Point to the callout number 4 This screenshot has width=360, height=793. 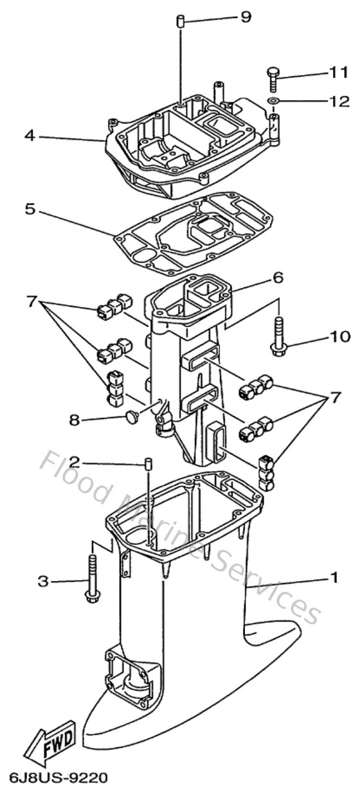tap(29, 136)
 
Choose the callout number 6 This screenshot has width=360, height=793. tap(277, 278)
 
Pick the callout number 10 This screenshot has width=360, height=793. tap(341, 335)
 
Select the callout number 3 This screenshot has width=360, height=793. tap(42, 582)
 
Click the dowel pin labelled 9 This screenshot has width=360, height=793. tap(181, 22)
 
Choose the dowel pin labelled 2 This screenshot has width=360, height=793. tap(147, 463)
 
